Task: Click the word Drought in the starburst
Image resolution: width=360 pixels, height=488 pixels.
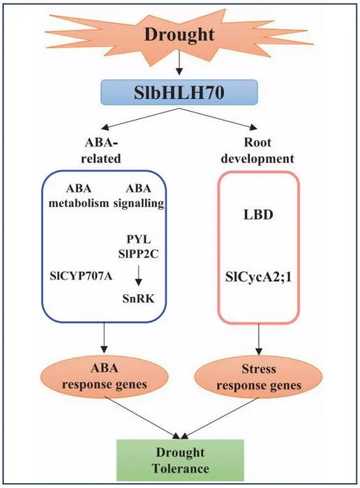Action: [179, 35]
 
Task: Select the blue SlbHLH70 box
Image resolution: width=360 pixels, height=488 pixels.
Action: [179, 92]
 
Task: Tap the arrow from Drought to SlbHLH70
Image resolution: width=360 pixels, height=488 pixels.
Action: [179, 63]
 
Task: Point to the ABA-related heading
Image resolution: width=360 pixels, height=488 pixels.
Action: [101, 151]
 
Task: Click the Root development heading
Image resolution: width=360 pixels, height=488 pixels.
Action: [257, 151]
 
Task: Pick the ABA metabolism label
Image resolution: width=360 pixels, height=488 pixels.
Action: [79, 196]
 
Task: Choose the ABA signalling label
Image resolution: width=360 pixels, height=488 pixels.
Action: [139, 196]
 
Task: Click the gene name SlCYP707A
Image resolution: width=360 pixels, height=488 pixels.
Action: [81, 276]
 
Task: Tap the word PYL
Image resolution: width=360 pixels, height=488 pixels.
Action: [139, 239]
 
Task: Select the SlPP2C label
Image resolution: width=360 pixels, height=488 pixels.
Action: [139, 254]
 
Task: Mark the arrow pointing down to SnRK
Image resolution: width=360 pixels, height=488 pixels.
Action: [139, 275]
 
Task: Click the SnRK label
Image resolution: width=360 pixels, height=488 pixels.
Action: [139, 299]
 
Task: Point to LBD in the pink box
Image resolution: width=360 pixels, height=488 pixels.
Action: [258, 215]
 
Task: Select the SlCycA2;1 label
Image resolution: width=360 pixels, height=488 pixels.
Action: [258, 277]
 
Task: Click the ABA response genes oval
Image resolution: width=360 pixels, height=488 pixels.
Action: [105, 376]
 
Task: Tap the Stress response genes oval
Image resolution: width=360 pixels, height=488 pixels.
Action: [258, 377]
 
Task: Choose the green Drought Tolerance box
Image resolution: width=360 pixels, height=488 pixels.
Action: [180, 460]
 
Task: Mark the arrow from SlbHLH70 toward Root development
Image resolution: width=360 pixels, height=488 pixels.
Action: [218, 119]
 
